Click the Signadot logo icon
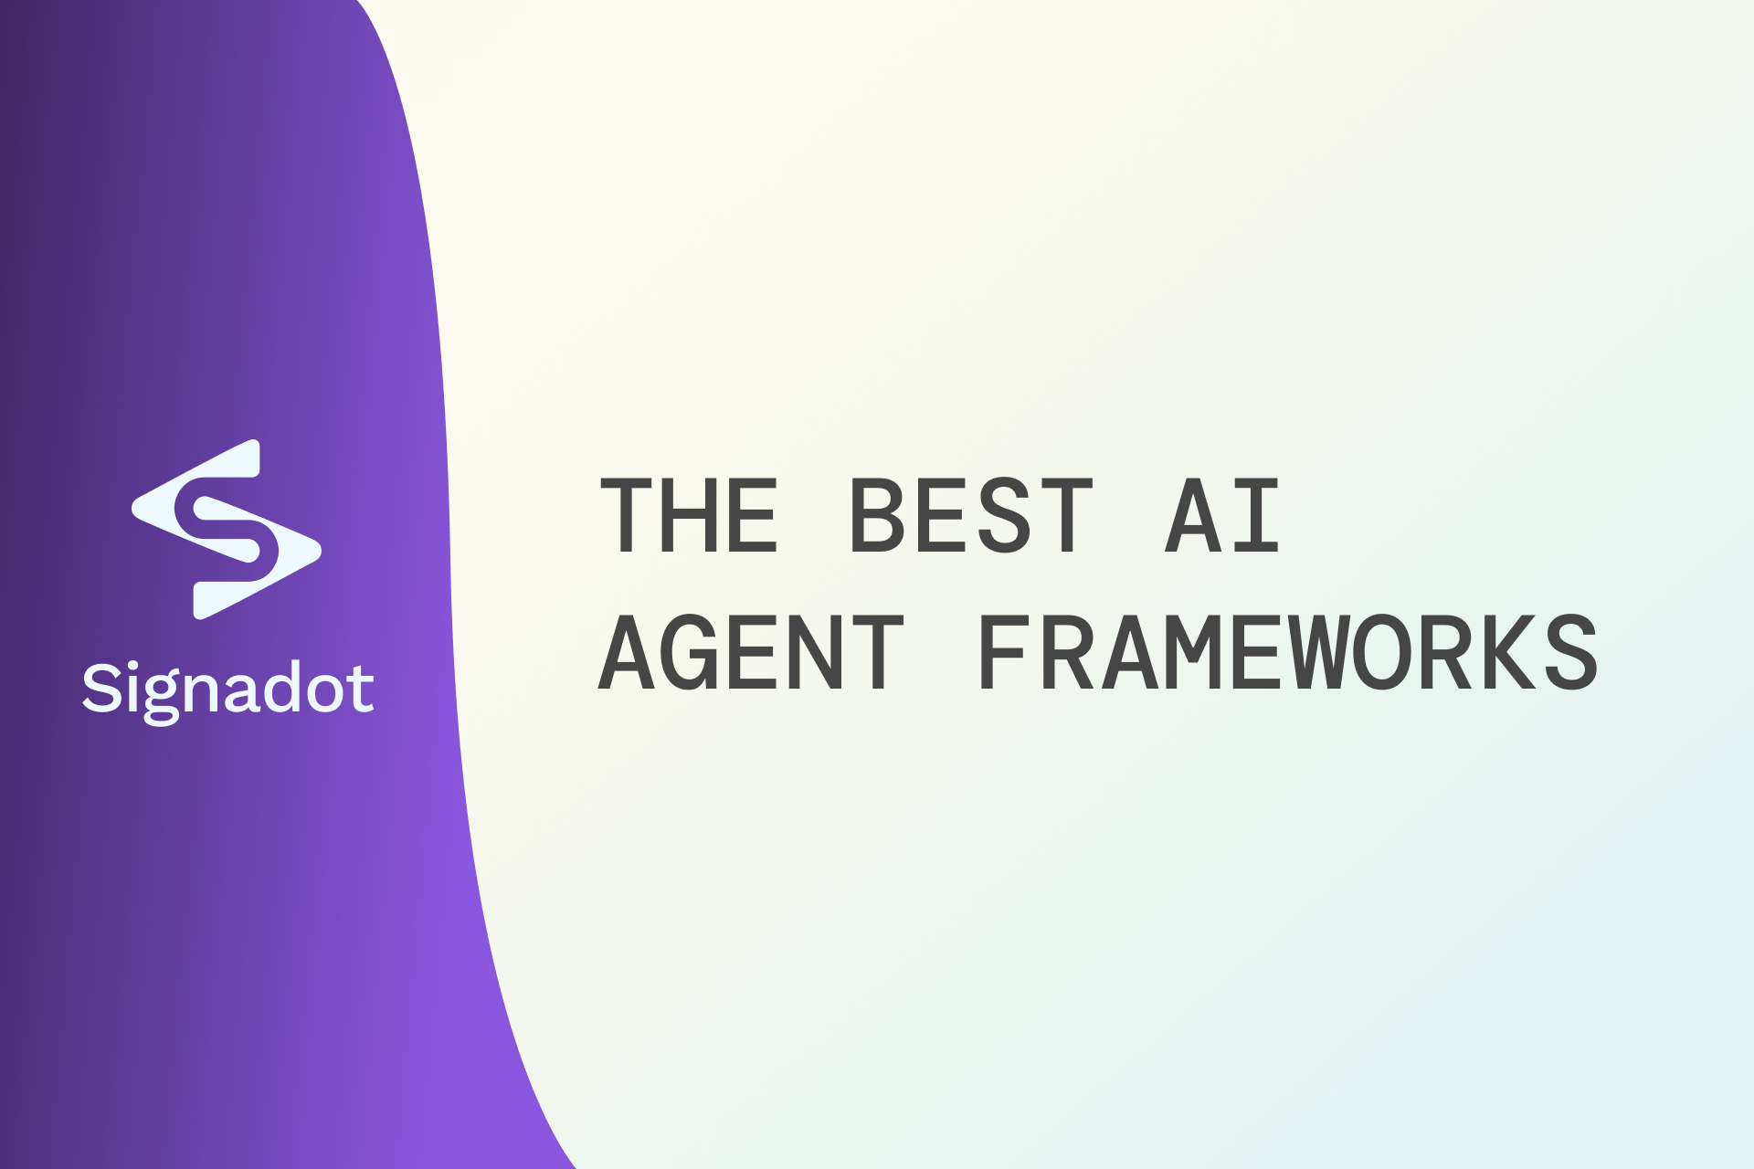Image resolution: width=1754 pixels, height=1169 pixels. (227, 530)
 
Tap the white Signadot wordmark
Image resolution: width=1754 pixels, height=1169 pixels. (228, 690)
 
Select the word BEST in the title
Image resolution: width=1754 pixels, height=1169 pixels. (970, 516)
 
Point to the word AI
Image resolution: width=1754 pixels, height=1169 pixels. (1222, 516)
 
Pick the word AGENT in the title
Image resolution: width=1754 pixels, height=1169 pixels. (751, 652)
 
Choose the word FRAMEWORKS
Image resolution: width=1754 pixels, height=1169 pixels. (1287, 652)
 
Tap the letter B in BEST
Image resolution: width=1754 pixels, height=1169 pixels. (874, 516)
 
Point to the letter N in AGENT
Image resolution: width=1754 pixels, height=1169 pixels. (814, 652)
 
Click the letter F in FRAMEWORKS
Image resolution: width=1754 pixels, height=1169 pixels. (1003, 652)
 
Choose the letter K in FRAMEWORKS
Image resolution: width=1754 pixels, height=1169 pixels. (1507, 652)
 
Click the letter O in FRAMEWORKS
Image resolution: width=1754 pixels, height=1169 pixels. (1381, 652)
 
